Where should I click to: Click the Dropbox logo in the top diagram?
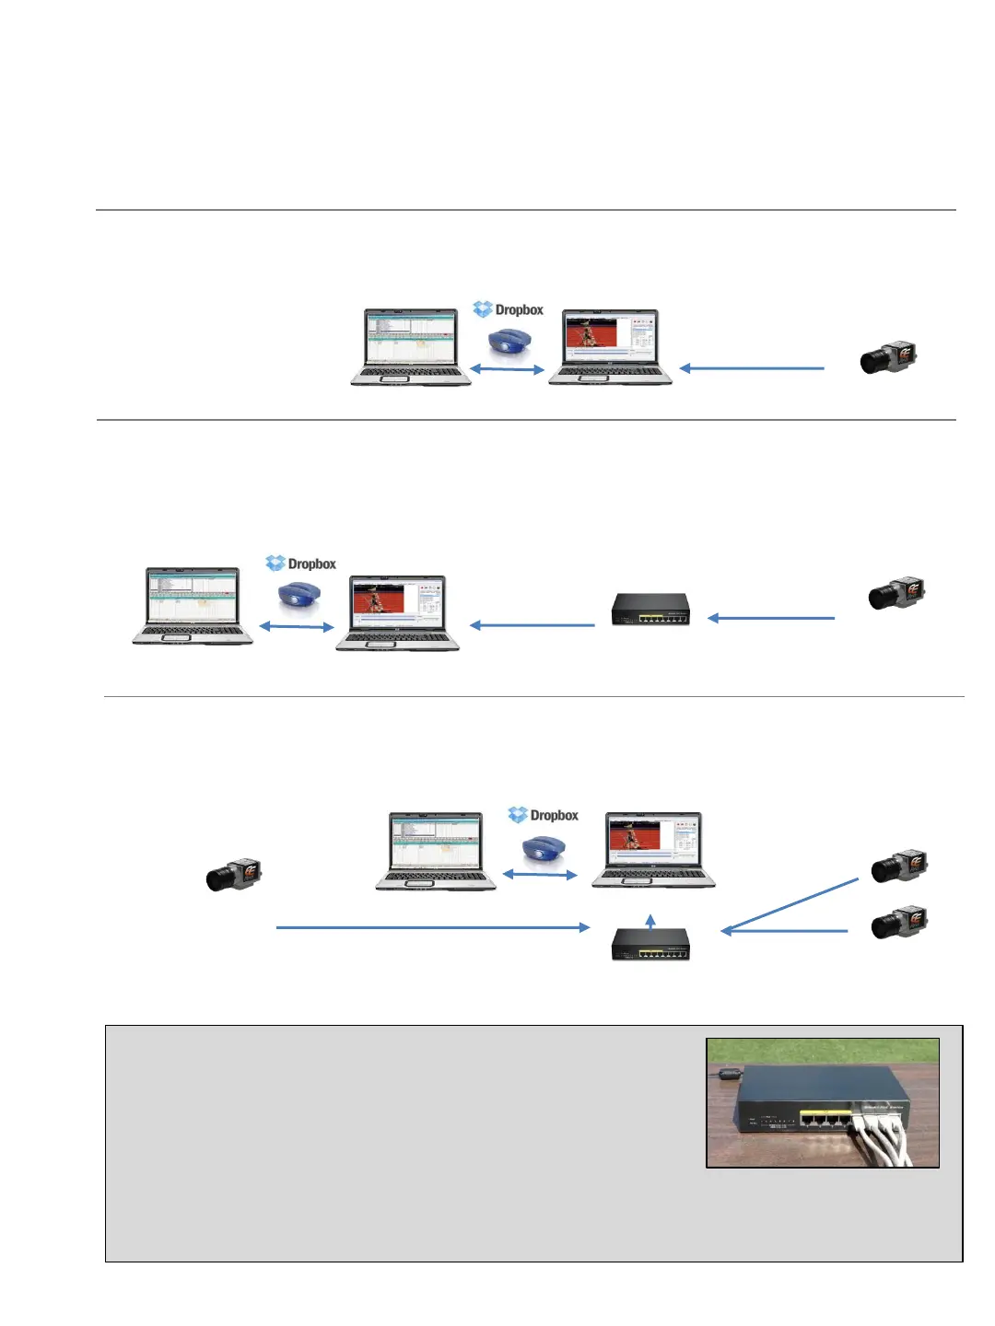(508, 309)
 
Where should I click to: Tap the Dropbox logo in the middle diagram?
(300, 564)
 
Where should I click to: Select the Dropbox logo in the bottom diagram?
(543, 815)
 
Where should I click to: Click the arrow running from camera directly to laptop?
(752, 368)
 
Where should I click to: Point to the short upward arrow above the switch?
(650, 922)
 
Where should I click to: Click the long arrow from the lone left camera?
(433, 927)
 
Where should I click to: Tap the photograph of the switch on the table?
(822, 1103)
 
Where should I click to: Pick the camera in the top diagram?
(888, 357)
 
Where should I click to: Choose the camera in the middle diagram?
(896, 594)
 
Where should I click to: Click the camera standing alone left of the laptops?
(234, 875)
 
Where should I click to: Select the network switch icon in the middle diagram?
(650, 610)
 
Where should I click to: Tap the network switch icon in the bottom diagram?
(650, 944)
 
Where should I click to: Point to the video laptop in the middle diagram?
(397, 612)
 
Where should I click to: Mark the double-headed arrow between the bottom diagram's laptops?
(540, 874)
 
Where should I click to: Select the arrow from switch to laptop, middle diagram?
(533, 625)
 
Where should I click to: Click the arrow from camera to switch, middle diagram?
(771, 618)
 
